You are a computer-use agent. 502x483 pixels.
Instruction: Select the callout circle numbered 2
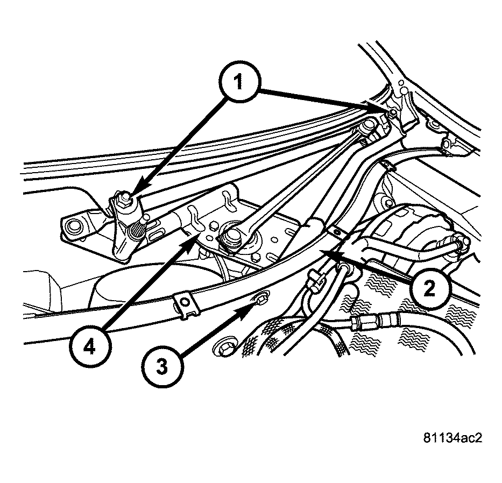[x=429, y=289]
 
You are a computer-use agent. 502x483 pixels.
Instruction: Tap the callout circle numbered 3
[x=162, y=368]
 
